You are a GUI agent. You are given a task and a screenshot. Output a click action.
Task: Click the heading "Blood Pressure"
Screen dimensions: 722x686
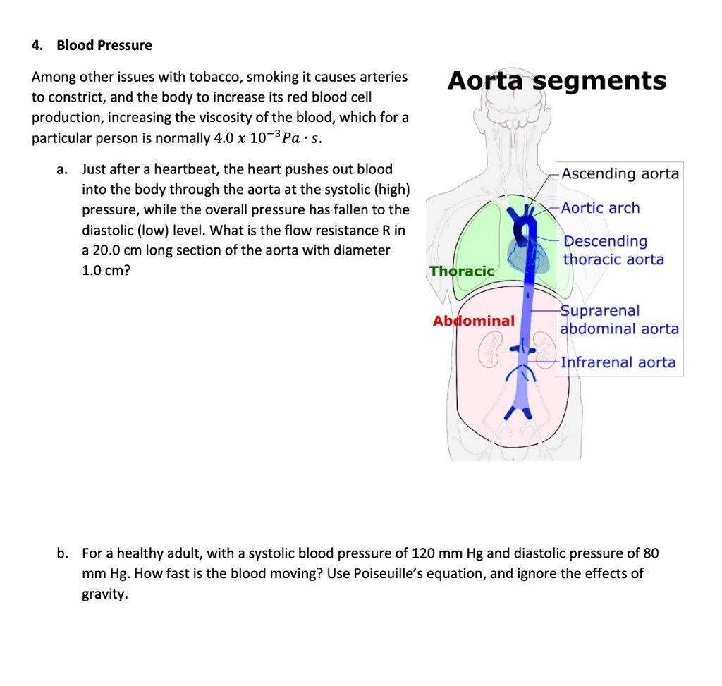pos(104,45)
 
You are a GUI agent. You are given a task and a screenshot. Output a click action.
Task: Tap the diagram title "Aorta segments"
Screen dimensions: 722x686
pos(557,81)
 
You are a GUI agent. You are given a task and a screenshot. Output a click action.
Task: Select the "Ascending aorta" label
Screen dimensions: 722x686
pos(620,173)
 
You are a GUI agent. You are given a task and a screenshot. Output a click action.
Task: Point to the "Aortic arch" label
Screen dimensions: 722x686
pos(601,208)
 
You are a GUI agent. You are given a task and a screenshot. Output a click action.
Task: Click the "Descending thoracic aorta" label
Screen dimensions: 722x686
pos(613,250)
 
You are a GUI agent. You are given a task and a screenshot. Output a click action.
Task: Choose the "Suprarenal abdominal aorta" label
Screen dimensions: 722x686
pos(619,319)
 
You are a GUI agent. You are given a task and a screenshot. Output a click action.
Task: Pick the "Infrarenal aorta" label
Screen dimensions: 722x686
pos(618,362)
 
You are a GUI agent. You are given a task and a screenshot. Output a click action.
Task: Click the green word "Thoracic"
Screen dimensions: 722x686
pos(462,271)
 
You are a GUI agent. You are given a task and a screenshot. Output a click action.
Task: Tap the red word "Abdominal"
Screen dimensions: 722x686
pos(473,321)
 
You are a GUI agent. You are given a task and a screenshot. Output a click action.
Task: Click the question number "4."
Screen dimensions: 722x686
pos(37,45)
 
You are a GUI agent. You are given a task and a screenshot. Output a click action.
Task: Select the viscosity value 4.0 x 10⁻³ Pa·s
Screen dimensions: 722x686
pos(268,138)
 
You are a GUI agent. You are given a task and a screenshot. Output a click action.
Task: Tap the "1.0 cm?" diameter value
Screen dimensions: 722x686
pos(106,270)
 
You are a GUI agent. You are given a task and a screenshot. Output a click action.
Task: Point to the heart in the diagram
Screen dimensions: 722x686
pos(530,255)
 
